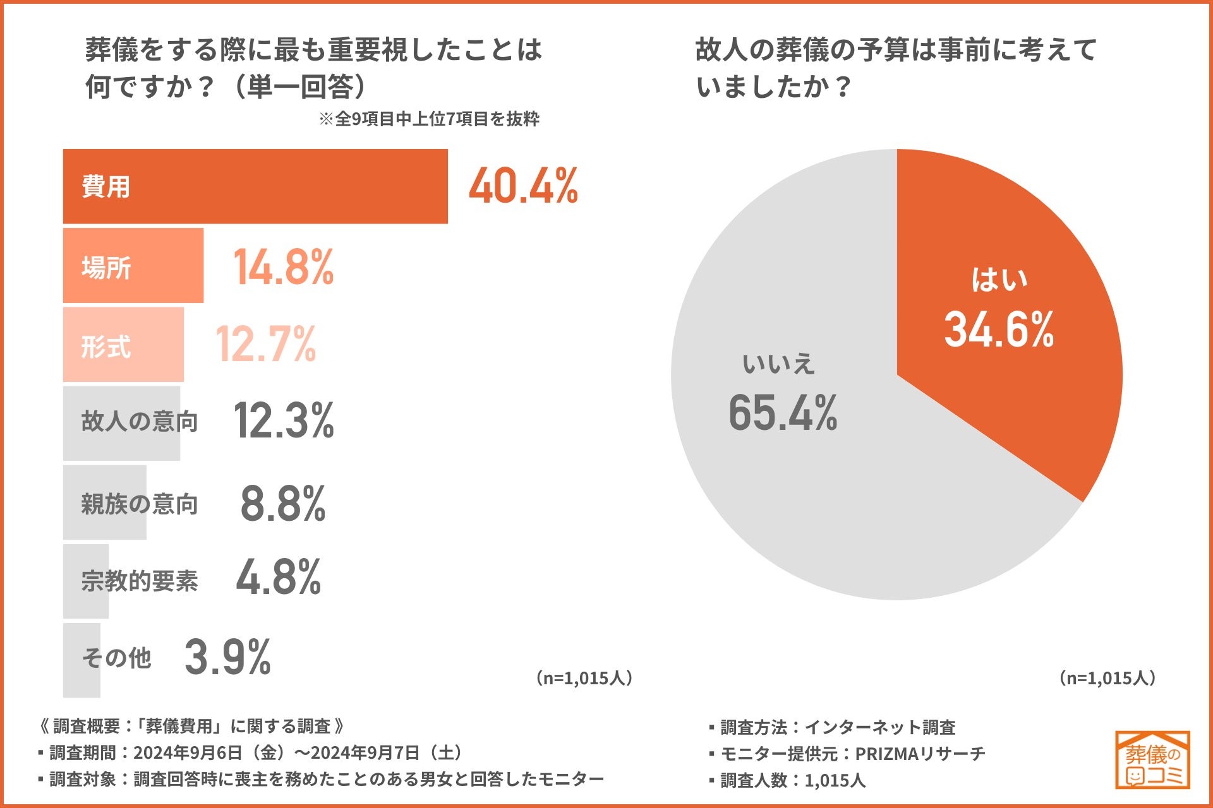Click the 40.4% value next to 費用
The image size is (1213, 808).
[523, 186]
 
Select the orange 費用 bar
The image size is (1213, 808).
[255, 186]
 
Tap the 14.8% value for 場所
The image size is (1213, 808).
[283, 267]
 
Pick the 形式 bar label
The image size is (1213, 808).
[106, 347]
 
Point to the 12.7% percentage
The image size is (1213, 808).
[265, 345]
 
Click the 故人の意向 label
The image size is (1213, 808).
[140, 421]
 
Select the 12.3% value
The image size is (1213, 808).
[283, 421]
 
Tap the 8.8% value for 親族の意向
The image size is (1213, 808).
[282, 504]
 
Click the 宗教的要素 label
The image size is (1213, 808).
[140, 581]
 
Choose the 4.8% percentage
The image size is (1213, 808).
[279, 578]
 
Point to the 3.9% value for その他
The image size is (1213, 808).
[227, 658]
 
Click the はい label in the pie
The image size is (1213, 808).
[999, 280]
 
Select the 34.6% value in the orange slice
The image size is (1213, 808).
[999, 330]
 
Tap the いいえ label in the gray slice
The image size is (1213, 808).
[778, 364]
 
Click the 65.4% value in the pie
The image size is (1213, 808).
[783, 413]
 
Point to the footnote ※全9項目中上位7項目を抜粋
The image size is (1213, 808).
[429, 119]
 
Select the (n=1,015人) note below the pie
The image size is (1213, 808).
[1107, 678]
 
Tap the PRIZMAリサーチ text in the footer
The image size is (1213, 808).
[920, 754]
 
